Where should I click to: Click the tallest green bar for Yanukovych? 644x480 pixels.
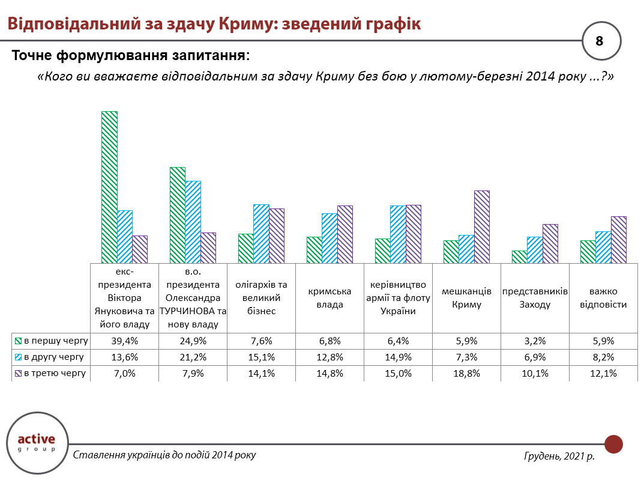(x=109, y=187)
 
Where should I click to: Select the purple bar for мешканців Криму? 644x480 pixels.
(x=482, y=226)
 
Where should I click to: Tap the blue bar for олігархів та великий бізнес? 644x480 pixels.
(x=261, y=233)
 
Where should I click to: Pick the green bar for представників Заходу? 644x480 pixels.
(x=519, y=257)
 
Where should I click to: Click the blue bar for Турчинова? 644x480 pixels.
(x=193, y=222)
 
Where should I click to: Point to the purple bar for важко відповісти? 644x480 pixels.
(x=618, y=239)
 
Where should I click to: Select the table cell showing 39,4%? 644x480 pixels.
(x=124, y=341)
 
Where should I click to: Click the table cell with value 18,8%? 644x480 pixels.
(x=466, y=373)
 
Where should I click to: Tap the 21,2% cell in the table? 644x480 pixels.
(x=193, y=357)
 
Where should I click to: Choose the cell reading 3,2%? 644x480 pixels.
(x=535, y=341)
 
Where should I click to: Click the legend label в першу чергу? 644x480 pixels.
(x=56, y=341)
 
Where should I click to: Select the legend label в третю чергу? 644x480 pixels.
(x=55, y=373)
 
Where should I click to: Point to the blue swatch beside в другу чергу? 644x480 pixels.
(x=19, y=357)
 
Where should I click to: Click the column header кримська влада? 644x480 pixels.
(x=330, y=297)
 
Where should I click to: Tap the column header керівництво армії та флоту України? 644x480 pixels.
(x=398, y=297)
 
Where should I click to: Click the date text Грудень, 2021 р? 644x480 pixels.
(x=559, y=457)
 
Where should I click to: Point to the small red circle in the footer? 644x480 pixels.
(x=613, y=445)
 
